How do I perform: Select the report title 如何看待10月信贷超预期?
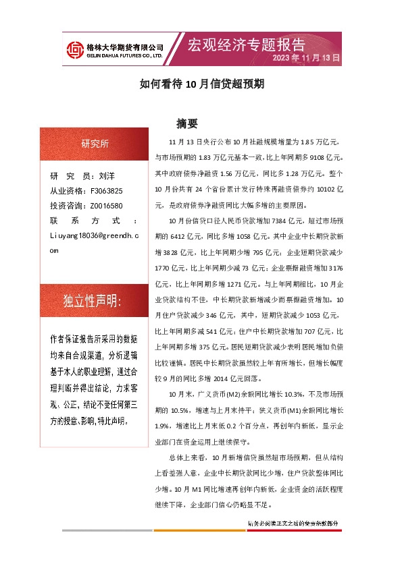pyautogui.click(x=201, y=84)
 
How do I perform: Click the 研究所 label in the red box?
pyautogui.click(x=95, y=144)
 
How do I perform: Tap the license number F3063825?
pyautogui.click(x=106, y=191)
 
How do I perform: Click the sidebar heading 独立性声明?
pyautogui.click(x=92, y=301)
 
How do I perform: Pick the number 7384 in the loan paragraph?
pyautogui.click(x=278, y=221)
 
